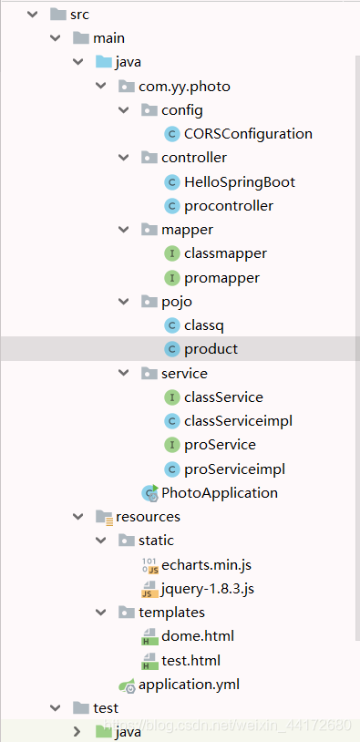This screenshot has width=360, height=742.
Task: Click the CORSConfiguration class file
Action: click(x=248, y=134)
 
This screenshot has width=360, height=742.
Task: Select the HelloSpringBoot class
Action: click(x=239, y=181)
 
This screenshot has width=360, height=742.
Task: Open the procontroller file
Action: click(x=228, y=205)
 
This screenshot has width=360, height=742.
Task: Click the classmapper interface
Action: click(x=225, y=253)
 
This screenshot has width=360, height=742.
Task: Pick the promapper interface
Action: click(x=221, y=277)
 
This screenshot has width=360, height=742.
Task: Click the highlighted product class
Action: click(x=211, y=349)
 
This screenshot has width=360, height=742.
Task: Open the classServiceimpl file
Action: click(x=238, y=421)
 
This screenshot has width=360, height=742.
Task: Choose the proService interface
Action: click(x=220, y=445)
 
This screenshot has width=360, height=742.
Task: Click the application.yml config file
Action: click(x=189, y=685)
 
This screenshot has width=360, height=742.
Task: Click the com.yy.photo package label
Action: click(x=184, y=87)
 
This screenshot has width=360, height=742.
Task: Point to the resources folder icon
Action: click(x=104, y=517)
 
